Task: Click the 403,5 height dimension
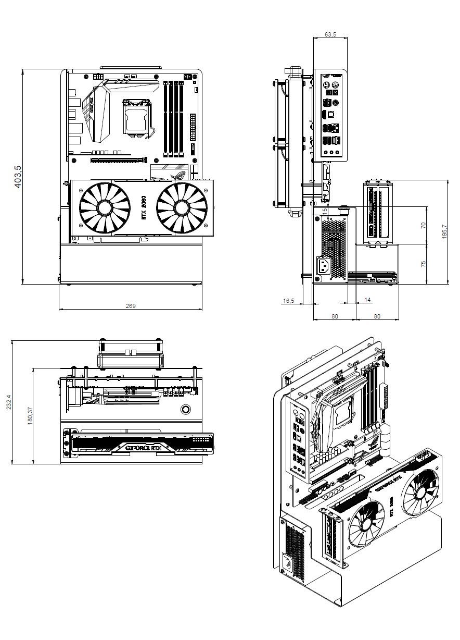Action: coord(18,177)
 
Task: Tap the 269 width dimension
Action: coord(131,306)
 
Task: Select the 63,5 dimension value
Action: coord(330,34)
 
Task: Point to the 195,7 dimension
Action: coord(444,232)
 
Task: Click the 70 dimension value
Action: coord(423,225)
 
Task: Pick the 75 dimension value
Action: coord(423,264)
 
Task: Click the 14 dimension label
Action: coord(368,300)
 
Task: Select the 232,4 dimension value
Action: coord(8,402)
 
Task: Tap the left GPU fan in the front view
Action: coord(104,208)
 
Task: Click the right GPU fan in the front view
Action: coord(182,208)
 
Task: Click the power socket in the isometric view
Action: coord(288,564)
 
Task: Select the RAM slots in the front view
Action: coord(174,118)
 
